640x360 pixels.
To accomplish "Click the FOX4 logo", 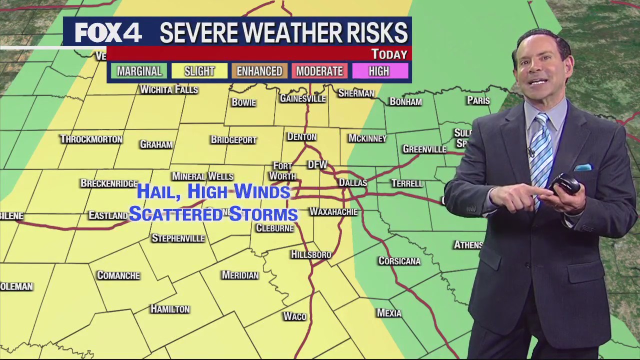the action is click(x=108, y=33).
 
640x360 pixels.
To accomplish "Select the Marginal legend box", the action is click(x=139, y=71).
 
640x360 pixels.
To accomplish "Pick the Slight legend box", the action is click(x=199, y=71).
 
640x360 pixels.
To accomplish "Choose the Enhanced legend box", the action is click(x=259, y=71).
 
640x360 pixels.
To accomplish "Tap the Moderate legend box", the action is click(x=319, y=71).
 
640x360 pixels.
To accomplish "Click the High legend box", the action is click(x=379, y=71).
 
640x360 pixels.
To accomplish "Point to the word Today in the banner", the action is click(x=389, y=54).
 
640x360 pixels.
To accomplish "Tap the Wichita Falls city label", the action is click(x=169, y=89).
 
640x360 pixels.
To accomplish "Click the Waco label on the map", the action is click(x=294, y=316).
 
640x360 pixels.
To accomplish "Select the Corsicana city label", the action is click(x=399, y=261).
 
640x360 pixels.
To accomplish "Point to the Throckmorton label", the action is click(x=91, y=139).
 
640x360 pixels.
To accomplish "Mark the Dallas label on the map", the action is click(x=353, y=182).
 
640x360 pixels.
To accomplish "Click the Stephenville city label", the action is click(x=178, y=238).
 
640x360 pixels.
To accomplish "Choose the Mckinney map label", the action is click(x=367, y=138).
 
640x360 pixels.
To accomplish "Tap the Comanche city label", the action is click(x=118, y=275).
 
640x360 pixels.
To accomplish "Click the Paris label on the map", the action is click(x=478, y=100).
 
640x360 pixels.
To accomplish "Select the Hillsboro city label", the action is click(x=311, y=254).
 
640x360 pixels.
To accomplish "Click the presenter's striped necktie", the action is click(x=541, y=155).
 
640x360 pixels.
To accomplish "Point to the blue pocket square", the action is click(x=582, y=168).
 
